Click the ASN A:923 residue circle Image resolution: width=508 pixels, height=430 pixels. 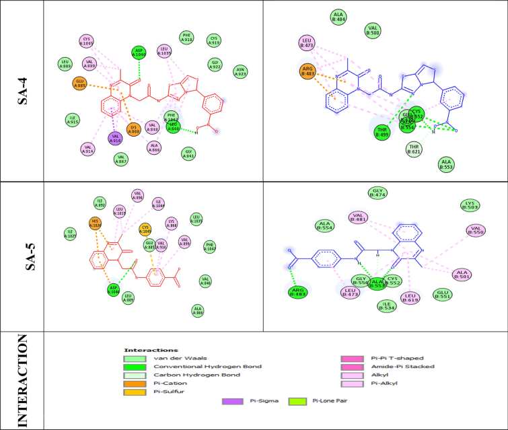240,71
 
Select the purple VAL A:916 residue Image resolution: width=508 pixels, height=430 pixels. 114,138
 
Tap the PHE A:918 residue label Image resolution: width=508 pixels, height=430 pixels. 188,38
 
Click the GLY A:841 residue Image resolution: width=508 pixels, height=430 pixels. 188,153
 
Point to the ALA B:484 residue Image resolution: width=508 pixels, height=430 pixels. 339,16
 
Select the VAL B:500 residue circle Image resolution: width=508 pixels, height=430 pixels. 373,30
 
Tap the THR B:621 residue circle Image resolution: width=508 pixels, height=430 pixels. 415,149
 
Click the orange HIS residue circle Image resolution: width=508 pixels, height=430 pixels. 96,223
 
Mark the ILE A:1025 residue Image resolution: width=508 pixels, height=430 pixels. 70,234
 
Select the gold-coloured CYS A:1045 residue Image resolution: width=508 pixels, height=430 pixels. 145,229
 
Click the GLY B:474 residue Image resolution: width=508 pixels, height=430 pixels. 377,194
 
